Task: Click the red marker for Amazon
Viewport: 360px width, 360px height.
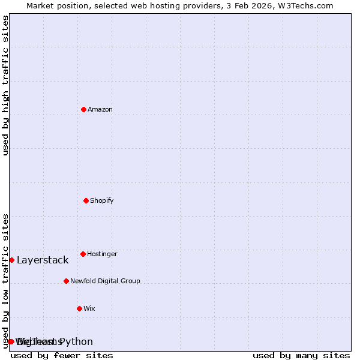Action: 83,109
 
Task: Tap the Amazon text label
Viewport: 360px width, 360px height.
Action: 100,109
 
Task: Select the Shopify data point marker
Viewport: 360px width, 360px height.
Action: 86,200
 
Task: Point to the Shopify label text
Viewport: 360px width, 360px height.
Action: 102,200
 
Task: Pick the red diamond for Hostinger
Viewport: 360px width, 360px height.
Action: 83,254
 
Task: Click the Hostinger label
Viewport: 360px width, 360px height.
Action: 102,254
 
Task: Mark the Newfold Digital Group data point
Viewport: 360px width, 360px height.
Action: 66,281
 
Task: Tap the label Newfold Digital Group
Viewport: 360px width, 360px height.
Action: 105,281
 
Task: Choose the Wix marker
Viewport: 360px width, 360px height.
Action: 79,308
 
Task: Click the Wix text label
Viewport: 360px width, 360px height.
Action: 89,308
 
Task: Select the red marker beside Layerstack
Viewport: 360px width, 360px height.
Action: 11,260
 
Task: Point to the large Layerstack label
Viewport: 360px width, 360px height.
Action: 43,260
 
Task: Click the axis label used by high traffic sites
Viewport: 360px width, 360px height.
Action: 5,85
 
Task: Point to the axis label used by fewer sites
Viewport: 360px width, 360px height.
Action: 62,355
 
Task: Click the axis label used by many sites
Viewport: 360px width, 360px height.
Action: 301,355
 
